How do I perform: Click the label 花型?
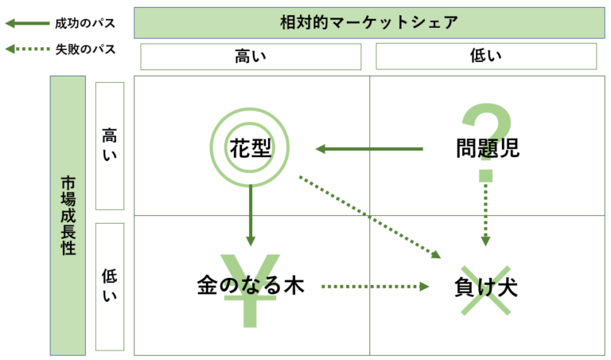pos(250,148)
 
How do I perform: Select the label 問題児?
pos(488,148)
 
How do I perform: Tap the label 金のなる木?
pos(250,285)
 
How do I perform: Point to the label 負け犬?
pos(486,287)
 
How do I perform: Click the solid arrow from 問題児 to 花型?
pos(369,149)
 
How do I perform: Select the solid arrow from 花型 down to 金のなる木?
pos(251,215)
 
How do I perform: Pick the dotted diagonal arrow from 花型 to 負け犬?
pos(370,217)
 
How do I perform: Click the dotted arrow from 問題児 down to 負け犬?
pos(485,214)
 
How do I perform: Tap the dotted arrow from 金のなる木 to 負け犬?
pos(376,287)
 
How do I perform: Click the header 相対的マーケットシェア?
pos(369,22)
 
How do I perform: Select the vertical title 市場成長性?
pos(68,216)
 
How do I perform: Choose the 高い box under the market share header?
pos(251,57)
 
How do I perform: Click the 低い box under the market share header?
pos(486,57)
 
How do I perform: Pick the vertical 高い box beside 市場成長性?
pos(110,146)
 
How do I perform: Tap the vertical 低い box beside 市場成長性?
pos(110,287)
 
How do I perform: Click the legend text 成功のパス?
pos(85,23)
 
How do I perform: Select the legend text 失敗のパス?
pos(85,49)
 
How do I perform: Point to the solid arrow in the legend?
pos(27,23)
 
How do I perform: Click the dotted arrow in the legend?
pos(27,49)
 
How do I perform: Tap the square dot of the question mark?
pos(486,175)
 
